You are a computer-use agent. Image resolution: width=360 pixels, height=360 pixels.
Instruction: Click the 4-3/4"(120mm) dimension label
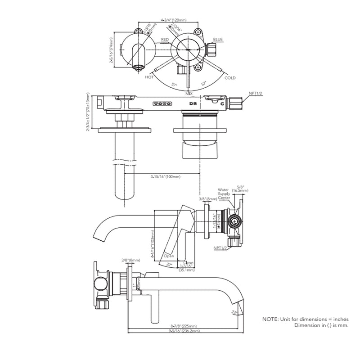click(174, 20)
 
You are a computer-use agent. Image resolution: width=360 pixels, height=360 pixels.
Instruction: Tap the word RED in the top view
click(165, 40)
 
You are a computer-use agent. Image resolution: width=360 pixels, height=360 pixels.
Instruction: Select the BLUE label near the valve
click(218, 40)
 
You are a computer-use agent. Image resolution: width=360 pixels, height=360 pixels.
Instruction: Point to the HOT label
click(149, 77)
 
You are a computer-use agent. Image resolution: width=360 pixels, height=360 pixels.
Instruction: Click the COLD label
click(230, 78)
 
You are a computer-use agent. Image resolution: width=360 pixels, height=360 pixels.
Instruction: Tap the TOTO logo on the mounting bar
click(162, 103)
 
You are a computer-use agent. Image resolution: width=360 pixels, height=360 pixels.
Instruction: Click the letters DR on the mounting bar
click(193, 103)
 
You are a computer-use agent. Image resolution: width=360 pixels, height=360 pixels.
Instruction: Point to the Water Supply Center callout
click(224, 194)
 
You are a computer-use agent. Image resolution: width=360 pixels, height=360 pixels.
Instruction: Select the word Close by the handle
click(189, 262)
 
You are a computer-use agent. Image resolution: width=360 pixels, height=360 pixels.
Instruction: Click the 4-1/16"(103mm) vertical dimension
click(153, 246)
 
